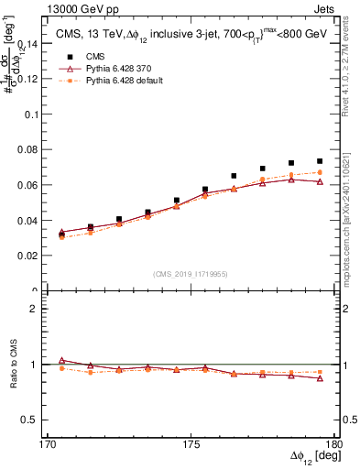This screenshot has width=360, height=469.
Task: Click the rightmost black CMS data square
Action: tap(320, 161)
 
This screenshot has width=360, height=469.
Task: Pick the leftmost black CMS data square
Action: tap(61, 235)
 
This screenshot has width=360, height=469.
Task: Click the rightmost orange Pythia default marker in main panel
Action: tap(320, 172)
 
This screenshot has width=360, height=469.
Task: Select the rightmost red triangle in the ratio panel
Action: tap(320, 378)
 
